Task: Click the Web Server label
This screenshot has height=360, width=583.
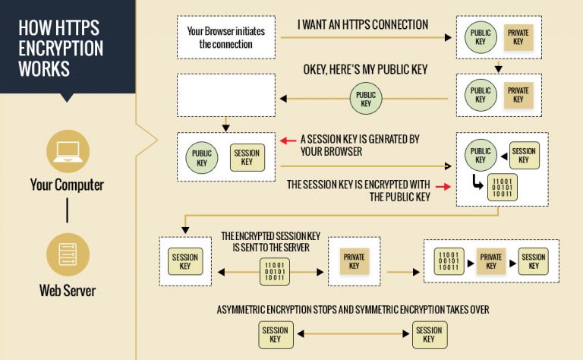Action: pyautogui.click(x=67, y=290)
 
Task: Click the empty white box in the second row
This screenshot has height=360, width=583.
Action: pyautogui.click(x=225, y=95)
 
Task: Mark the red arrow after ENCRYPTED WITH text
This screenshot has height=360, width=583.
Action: pyautogui.click(x=441, y=185)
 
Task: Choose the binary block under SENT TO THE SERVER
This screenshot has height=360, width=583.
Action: pyautogui.click(x=274, y=270)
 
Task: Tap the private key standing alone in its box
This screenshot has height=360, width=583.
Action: pyautogui.click(x=354, y=261)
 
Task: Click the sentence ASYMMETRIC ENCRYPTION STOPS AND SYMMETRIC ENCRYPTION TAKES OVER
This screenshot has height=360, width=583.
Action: pyautogui.click(x=353, y=310)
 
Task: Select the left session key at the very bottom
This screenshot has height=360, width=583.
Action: pyautogui.click(x=275, y=335)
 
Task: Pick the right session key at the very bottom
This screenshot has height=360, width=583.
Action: pyautogui.click(x=429, y=335)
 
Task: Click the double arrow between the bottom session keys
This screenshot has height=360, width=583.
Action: pyautogui.click(x=351, y=335)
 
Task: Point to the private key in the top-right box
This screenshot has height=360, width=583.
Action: pyautogui.click(x=518, y=37)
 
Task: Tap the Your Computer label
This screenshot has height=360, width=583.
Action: pyautogui.click(x=67, y=185)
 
